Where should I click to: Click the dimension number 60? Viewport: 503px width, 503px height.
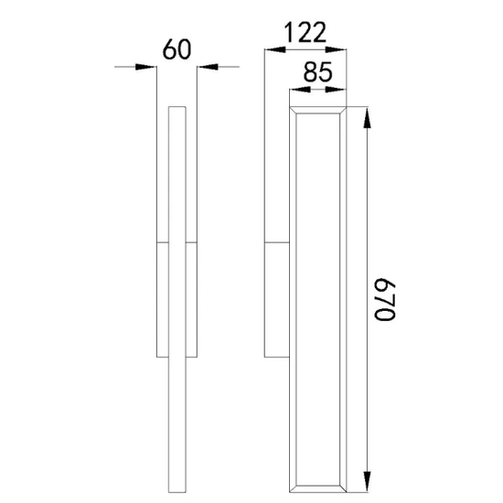(x=177, y=49)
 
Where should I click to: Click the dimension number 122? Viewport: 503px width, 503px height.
(x=305, y=32)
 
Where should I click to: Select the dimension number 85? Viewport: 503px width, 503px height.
(x=317, y=72)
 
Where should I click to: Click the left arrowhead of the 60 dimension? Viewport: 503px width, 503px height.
(x=146, y=67)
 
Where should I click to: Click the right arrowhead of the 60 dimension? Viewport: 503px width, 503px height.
(x=208, y=67)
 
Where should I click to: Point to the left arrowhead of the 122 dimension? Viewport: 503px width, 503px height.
(x=275, y=49)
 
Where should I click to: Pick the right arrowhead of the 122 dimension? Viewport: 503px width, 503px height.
(x=337, y=49)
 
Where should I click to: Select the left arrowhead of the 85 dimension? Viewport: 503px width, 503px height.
(x=300, y=90)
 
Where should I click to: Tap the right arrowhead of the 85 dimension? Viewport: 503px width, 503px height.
(x=337, y=90)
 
